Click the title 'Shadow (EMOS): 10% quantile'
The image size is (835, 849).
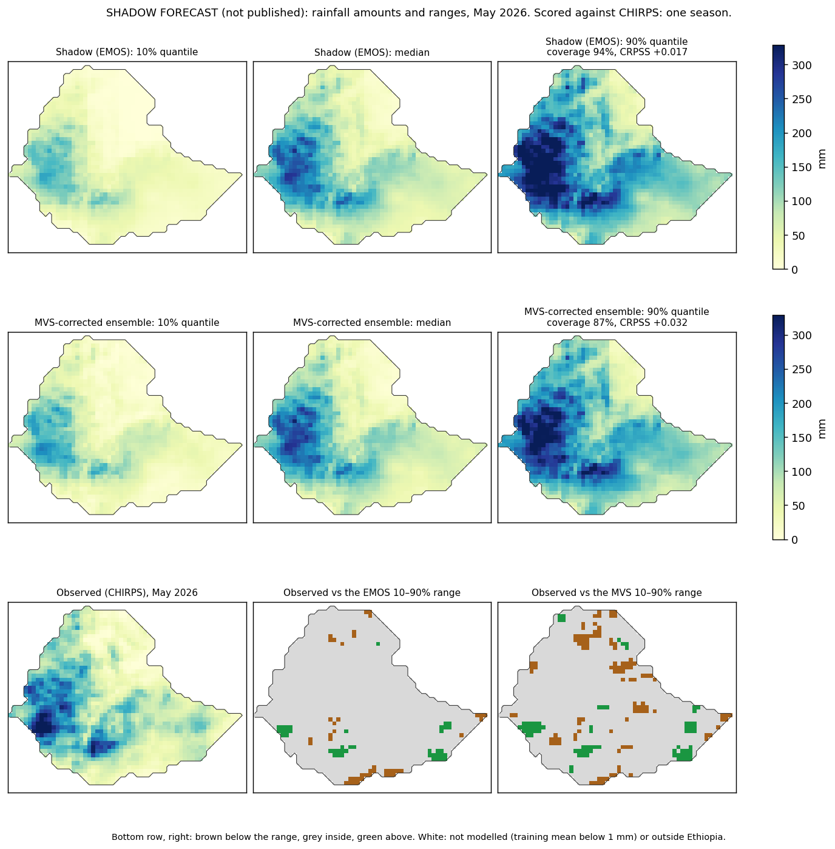click(127, 52)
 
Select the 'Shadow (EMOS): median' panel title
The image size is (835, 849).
click(372, 52)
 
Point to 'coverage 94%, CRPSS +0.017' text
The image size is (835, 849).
click(617, 52)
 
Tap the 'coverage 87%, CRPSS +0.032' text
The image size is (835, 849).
click(617, 322)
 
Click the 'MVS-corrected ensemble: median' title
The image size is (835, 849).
click(372, 322)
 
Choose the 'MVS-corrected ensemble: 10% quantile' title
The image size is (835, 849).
click(127, 322)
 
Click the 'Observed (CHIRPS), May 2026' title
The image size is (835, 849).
click(127, 592)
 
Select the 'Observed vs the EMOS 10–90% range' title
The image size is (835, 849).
click(372, 592)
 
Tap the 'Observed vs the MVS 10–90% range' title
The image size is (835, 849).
click(617, 592)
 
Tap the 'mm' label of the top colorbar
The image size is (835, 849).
click(821, 158)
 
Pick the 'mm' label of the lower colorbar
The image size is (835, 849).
click(821, 428)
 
